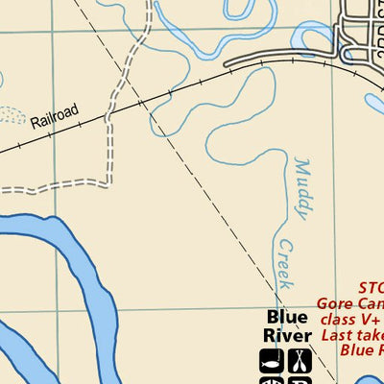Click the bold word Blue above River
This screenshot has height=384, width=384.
(x=287, y=318)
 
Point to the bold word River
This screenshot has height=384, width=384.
(x=287, y=336)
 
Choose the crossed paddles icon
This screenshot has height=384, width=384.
(x=300, y=361)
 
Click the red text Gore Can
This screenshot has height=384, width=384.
(x=350, y=304)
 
